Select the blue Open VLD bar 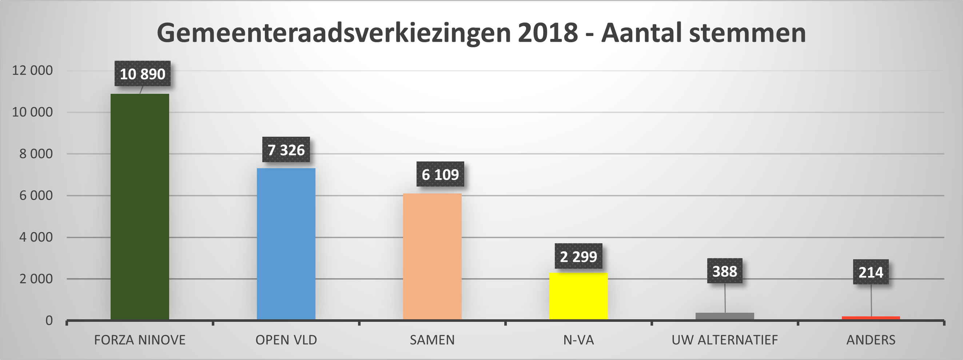coord(286,244)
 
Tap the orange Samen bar coord(432,256)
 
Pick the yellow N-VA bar coord(578,296)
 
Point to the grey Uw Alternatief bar coord(724,316)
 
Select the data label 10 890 coord(143,74)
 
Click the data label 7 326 coord(286,150)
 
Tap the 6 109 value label coord(440,175)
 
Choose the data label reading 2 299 coord(578,256)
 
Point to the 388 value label coord(724,271)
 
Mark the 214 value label coord(871,272)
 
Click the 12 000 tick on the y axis coord(32,70)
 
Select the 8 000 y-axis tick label coord(36,154)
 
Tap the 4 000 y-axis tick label coord(36,237)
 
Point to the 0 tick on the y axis coord(49,321)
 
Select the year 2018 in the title coord(548,33)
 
